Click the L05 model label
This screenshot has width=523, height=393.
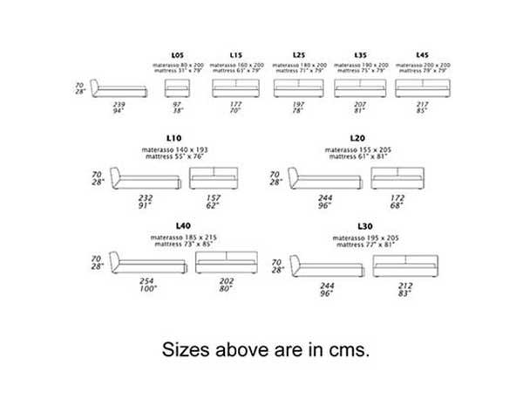(178, 54)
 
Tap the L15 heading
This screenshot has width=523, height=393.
(235, 54)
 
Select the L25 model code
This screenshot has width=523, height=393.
(299, 54)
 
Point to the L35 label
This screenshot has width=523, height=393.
(360, 54)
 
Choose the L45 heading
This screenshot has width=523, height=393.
(422, 54)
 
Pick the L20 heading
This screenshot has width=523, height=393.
(356, 138)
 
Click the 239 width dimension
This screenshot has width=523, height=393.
(119, 105)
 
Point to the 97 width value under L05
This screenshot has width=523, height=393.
(178, 105)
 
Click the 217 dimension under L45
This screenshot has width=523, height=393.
(422, 105)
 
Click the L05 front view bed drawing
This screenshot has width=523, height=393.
(178, 88)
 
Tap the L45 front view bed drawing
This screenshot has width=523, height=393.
(422, 88)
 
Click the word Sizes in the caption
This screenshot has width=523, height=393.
(188, 349)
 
